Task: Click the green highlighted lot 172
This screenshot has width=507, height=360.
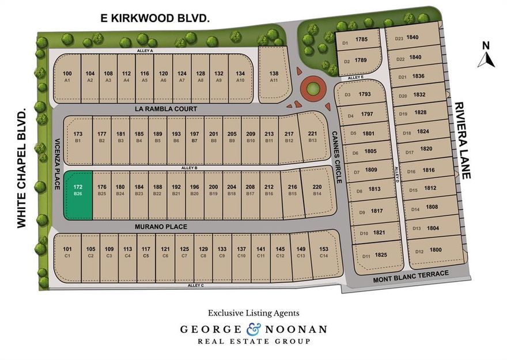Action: click(x=77, y=195)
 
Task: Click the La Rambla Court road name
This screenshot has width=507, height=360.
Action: click(x=165, y=109)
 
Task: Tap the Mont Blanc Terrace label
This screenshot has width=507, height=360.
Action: click(x=410, y=274)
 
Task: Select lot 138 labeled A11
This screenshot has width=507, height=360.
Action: click(x=274, y=76)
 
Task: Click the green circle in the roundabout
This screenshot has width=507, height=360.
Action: click(x=312, y=90)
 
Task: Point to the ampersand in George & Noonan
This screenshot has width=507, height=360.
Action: click(x=253, y=329)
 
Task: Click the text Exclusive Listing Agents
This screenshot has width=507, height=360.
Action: click(x=253, y=313)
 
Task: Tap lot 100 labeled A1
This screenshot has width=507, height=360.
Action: click(x=67, y=76)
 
